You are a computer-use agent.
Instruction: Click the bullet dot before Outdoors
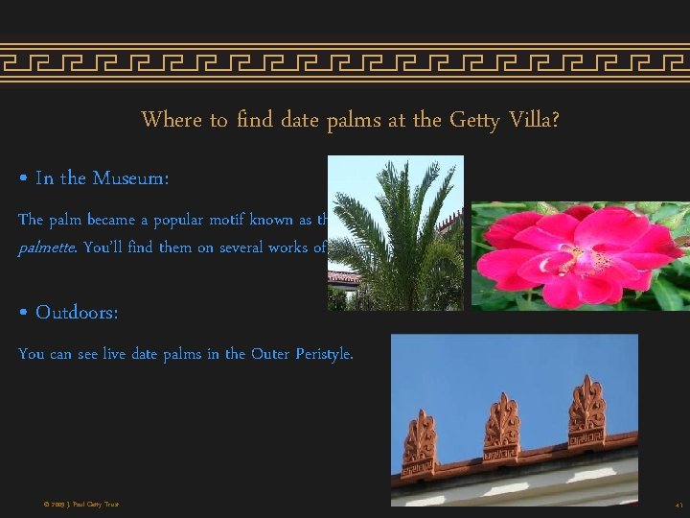23,314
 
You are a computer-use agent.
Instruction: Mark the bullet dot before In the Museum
23,179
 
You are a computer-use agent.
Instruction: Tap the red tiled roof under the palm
342,277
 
